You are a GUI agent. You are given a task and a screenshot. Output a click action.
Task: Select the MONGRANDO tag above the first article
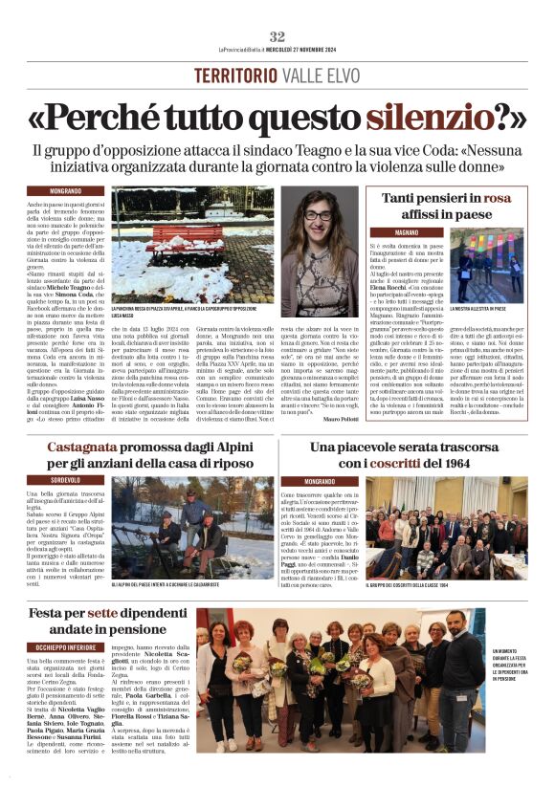pyautogui.click(x=65, y=191)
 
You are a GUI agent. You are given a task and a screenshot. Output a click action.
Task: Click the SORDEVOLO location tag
pyautogui.click(x=66, y=480)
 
